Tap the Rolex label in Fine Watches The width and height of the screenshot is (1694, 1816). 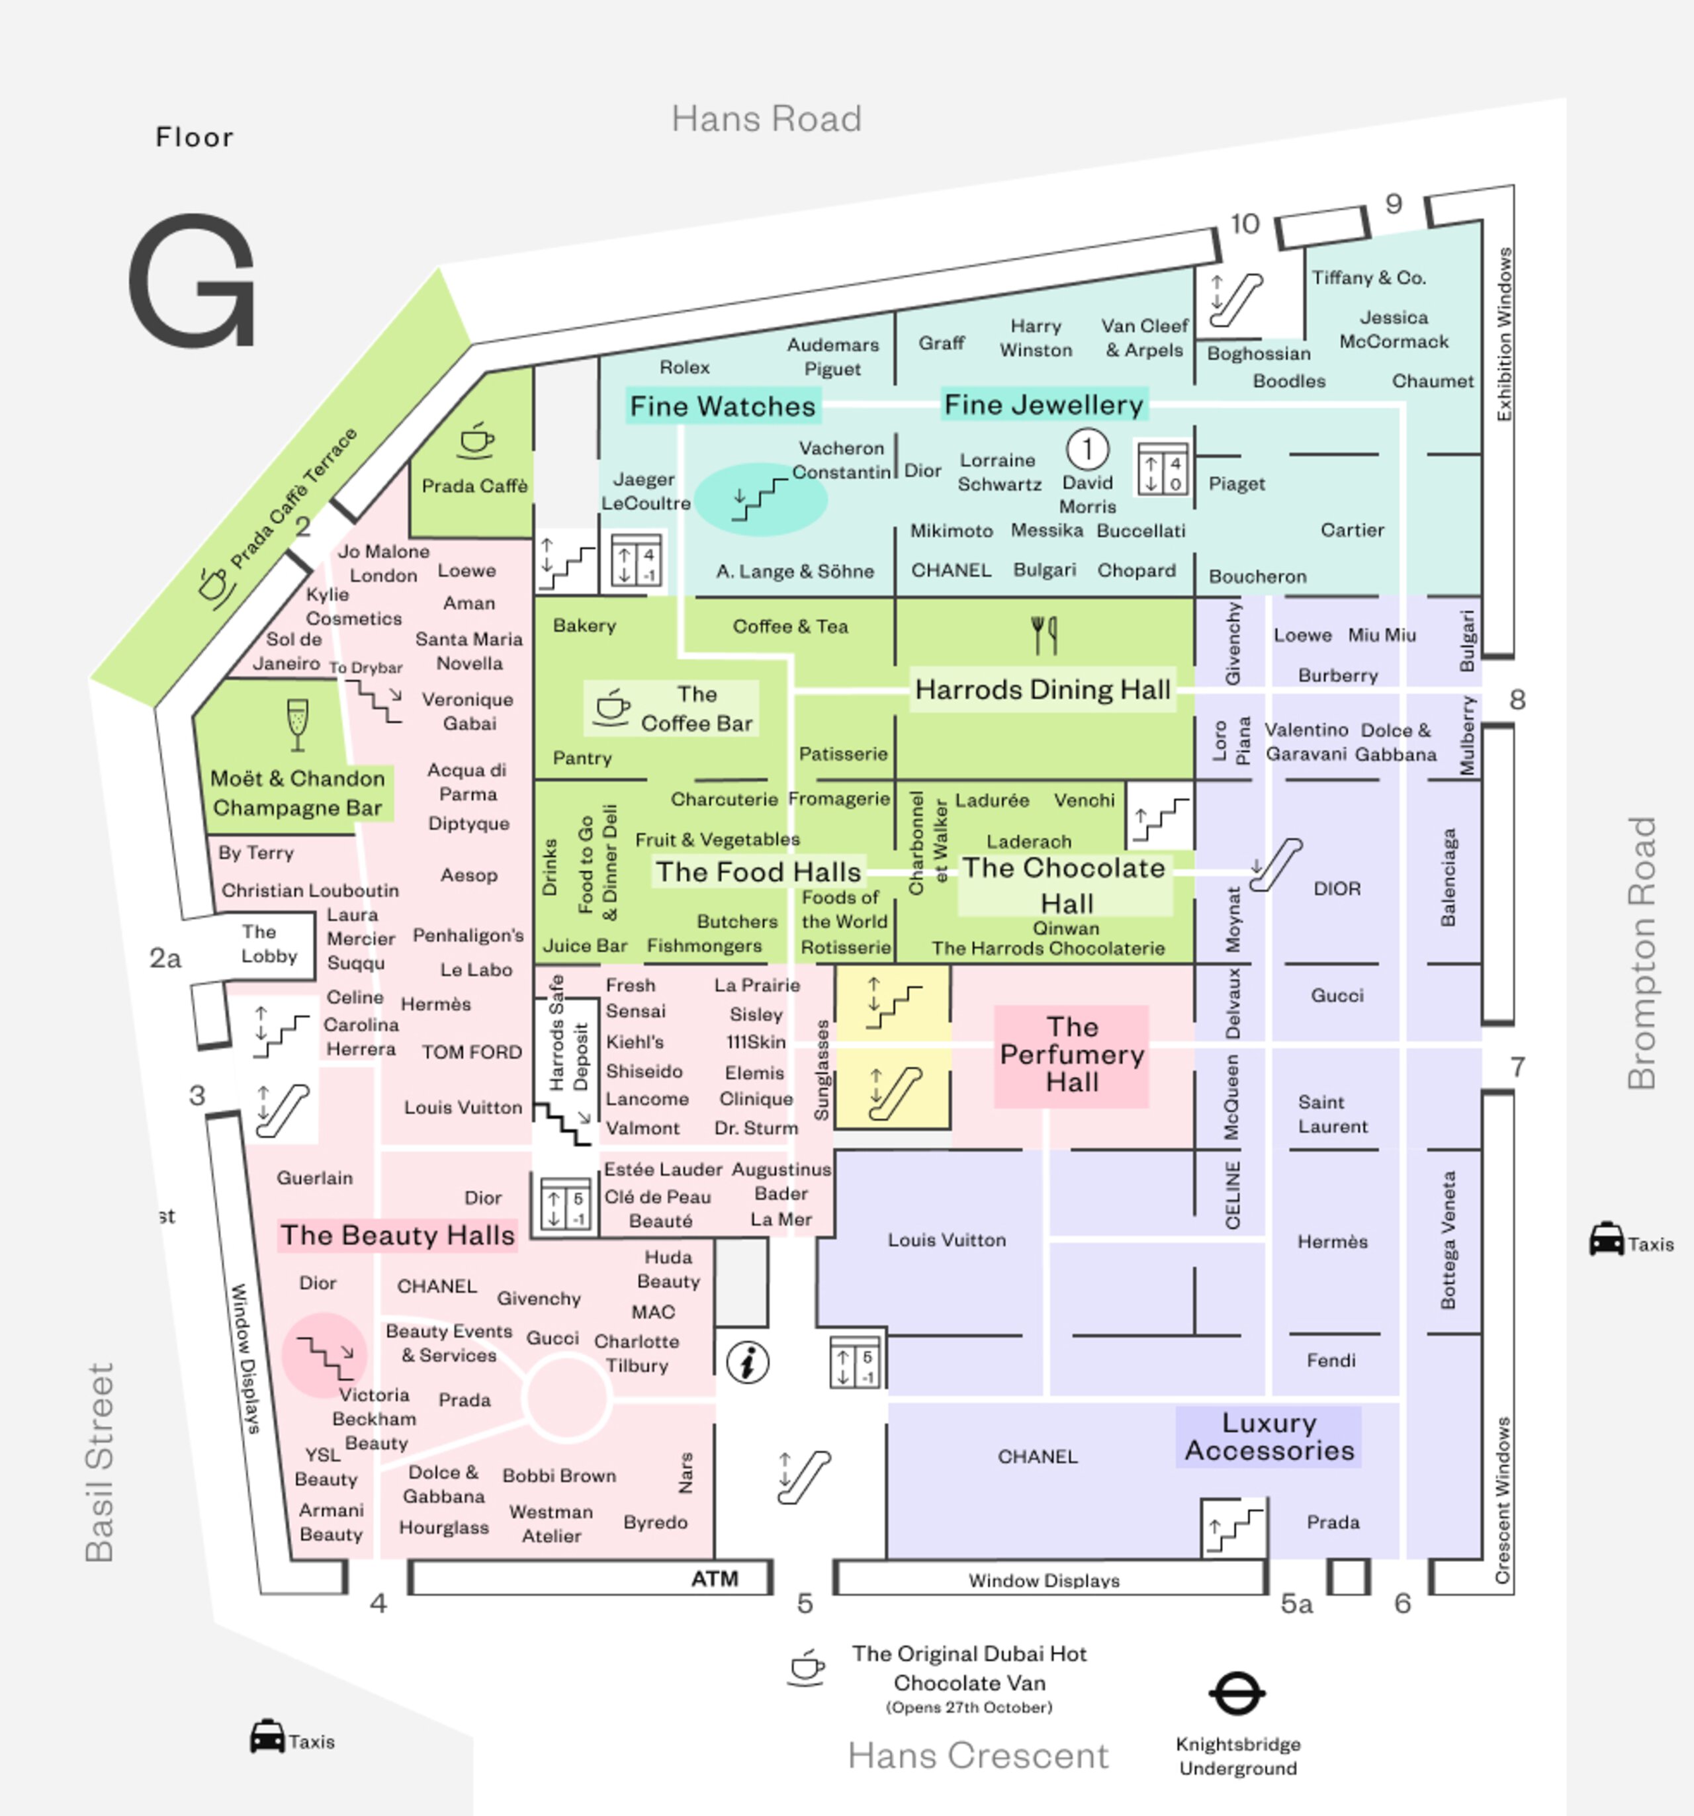684,367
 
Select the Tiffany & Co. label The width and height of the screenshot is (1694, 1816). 1368,278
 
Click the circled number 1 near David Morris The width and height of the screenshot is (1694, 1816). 1087,449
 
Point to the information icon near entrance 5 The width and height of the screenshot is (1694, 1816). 747,1363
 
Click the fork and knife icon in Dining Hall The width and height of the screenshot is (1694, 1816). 1044,635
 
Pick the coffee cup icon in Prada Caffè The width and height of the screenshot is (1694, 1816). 475,441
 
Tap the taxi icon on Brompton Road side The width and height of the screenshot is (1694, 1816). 1606,1240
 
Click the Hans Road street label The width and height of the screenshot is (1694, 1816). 766,119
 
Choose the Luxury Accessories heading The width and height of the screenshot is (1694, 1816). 1269,1437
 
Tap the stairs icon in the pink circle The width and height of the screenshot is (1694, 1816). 324,1356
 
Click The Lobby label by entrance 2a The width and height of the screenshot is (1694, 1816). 268,943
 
